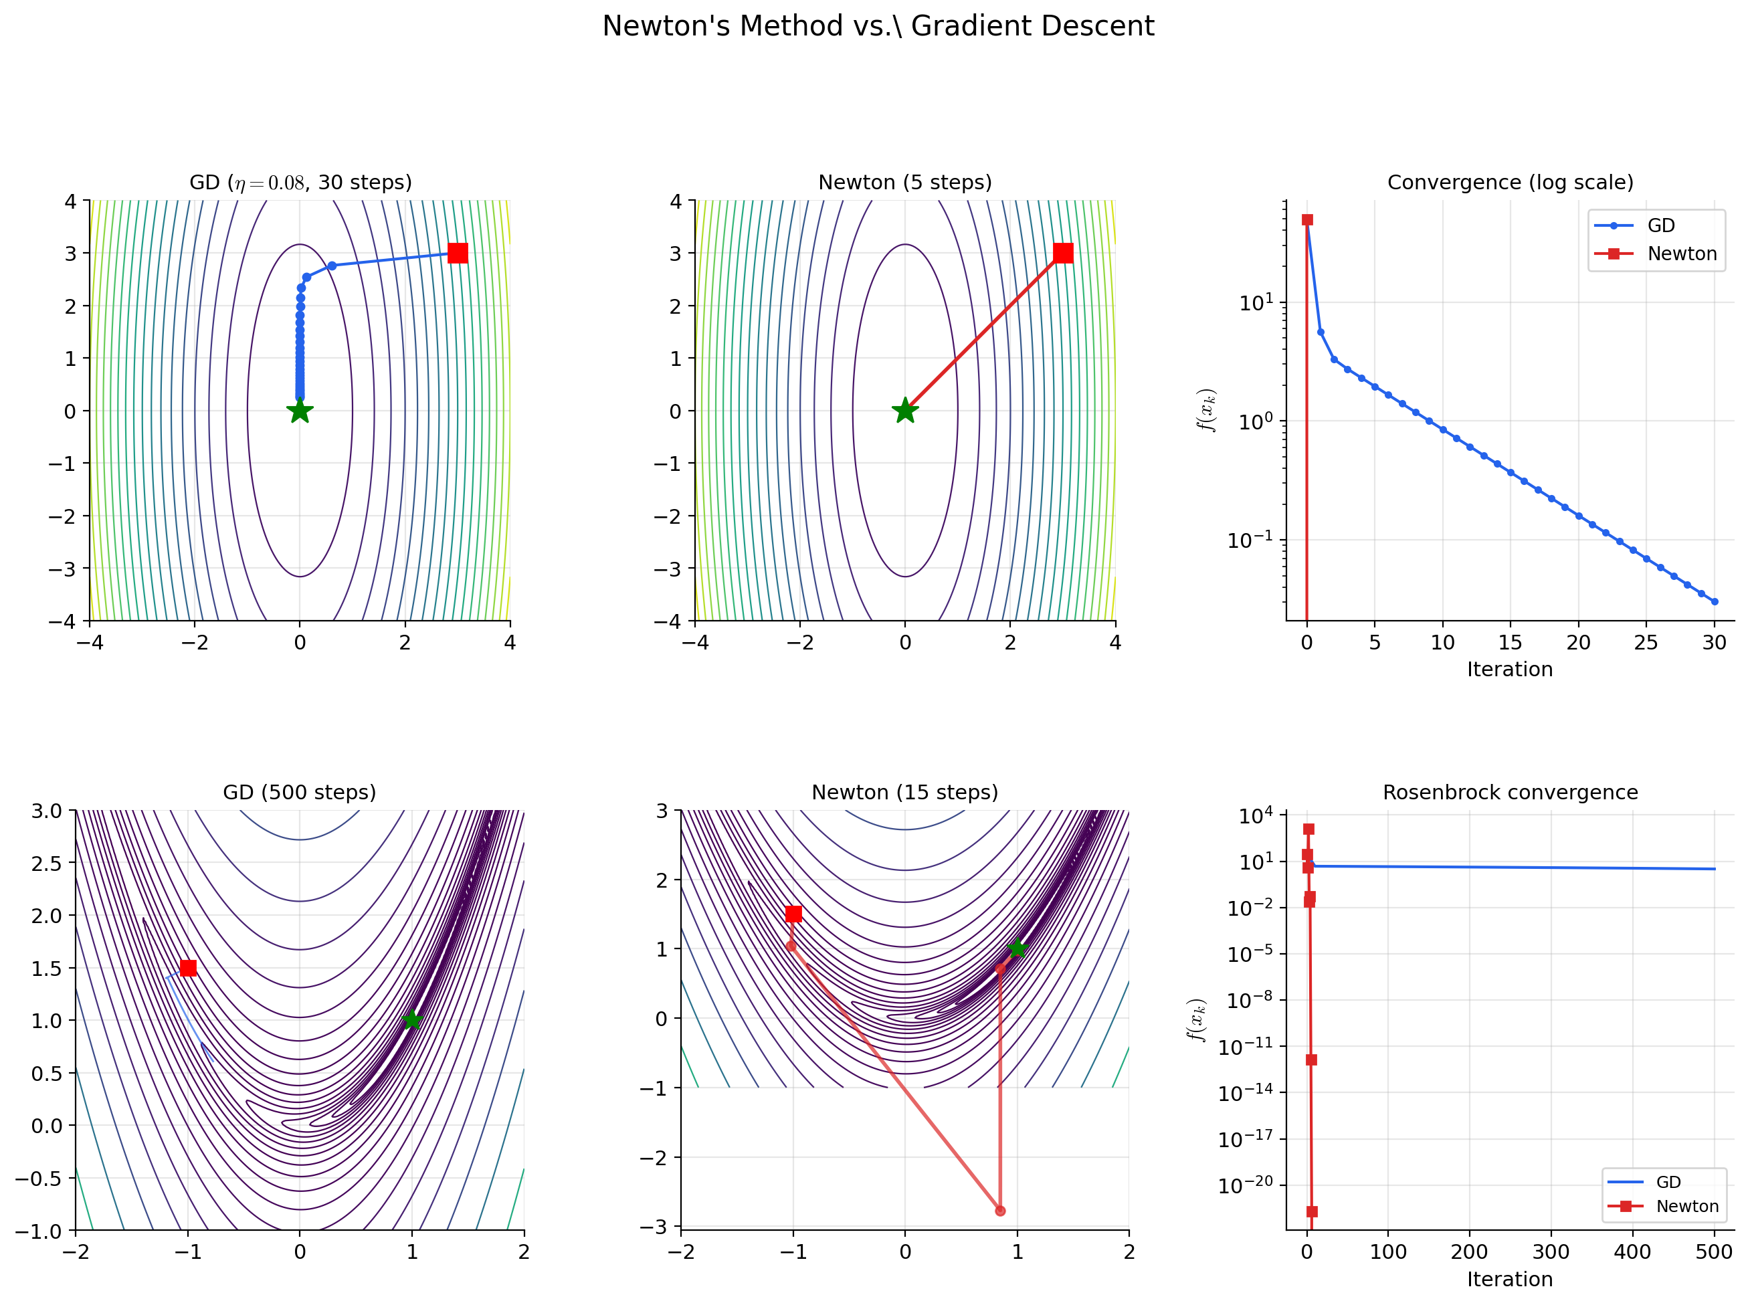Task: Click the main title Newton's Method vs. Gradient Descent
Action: [877, 26]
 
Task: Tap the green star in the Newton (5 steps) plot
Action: [904, 411]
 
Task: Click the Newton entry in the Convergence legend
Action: [1681, 254]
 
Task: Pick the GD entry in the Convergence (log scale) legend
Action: [1660, 225]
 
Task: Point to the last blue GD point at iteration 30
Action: [1713, 602]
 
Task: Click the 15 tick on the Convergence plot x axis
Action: [1510, 643]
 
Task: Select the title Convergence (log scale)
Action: [1510, 182]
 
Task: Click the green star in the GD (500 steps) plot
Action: [411, 1020]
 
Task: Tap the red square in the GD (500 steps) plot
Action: [188, 968]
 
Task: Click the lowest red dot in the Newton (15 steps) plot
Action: [1000, 1211]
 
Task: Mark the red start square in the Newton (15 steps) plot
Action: [793, 913]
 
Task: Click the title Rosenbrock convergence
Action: [1510, 793]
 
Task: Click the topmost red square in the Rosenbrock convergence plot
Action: [1308, 829]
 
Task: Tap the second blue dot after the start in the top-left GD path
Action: [307, 277]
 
